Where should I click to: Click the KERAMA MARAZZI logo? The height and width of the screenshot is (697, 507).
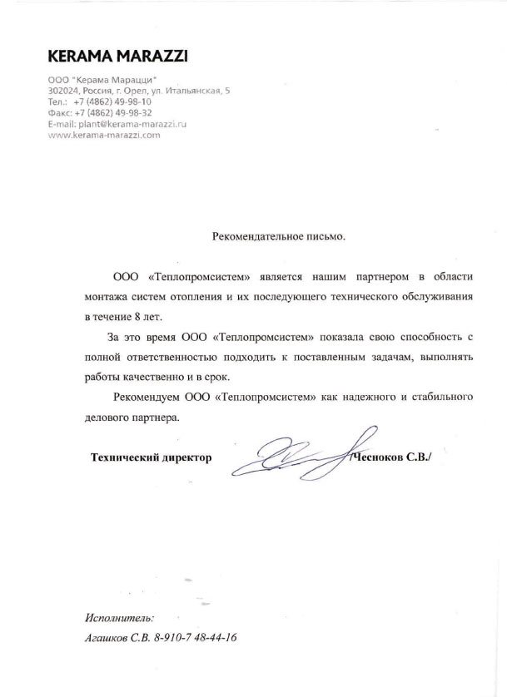(x=117, y=57)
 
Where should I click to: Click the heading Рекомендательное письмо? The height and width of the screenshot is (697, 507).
(x=278, y=236)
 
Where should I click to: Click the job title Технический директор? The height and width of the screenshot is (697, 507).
(x=151, y=457)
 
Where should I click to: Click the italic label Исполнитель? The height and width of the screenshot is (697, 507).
(x=119, y=618)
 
